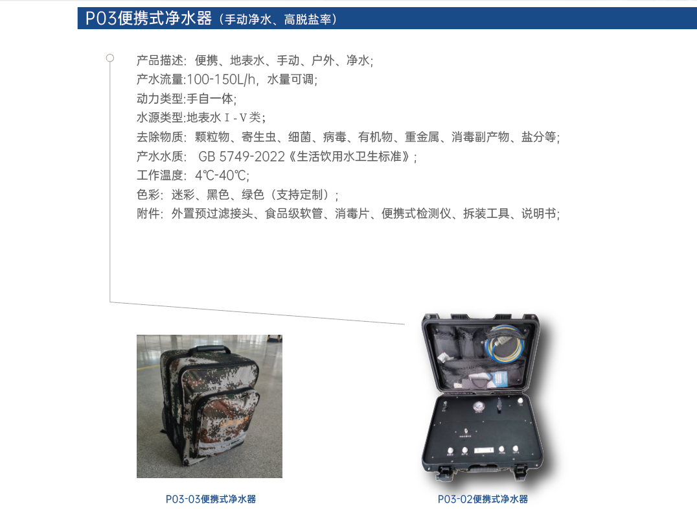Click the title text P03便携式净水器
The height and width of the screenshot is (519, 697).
click(x=148, y=18)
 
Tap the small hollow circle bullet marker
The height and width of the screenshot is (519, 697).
click(x=109, y=58)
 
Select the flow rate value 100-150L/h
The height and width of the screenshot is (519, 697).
click(x=222, y=79)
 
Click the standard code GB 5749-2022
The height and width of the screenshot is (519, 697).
click(x=242, y=156)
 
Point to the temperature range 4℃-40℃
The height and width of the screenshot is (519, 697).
click(x=221, y=175)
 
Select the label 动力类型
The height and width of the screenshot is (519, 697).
click(x=159, y=99)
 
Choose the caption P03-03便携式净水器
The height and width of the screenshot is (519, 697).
click(x=211, y=499)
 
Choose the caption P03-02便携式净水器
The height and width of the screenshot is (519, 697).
click(x=483, y=499)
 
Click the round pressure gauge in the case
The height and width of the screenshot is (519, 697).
click(x=479, y=406)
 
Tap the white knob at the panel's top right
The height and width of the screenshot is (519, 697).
click(x=521, y=401)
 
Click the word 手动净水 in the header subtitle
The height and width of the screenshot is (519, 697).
click(x=247, y=19)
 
